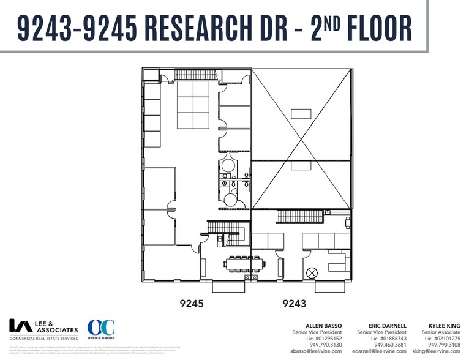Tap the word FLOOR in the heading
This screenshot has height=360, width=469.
pyautogui.click(x=367, y=28)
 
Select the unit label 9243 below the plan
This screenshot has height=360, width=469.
pyautogui.click(x=293, y=302)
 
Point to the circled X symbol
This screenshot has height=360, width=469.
pyautogui.click(x=312, y=272)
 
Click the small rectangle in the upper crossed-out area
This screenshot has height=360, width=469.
pyautogui.click(x=301, y=113)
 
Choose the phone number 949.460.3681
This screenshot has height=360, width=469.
pyautogui.click(x=389, y=345)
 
